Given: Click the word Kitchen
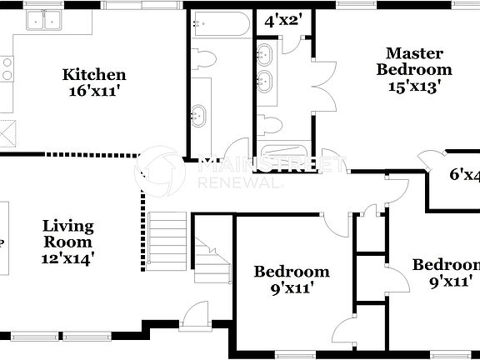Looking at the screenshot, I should (94, 75).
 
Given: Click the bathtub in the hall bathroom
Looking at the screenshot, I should (217, 25).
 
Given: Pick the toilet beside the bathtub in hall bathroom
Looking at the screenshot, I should (205, 59).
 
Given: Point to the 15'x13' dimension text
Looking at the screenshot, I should (413, 84).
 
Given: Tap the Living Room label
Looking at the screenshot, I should (68, 233).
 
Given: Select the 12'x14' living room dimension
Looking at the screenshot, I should (68, 258).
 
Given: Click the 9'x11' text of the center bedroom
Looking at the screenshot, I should (291, 288).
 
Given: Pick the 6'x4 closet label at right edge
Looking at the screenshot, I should (464, 175).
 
